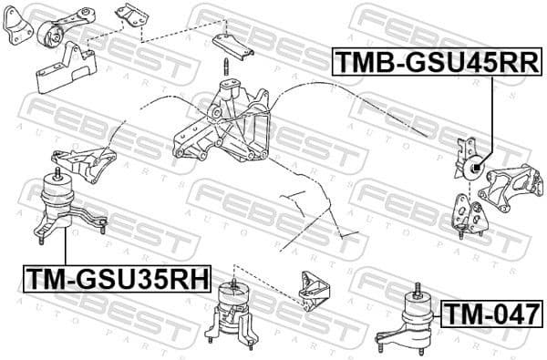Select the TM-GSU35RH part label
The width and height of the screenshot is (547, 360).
click(x=116, y=276)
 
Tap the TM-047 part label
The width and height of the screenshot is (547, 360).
click(x=491, y=314)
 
